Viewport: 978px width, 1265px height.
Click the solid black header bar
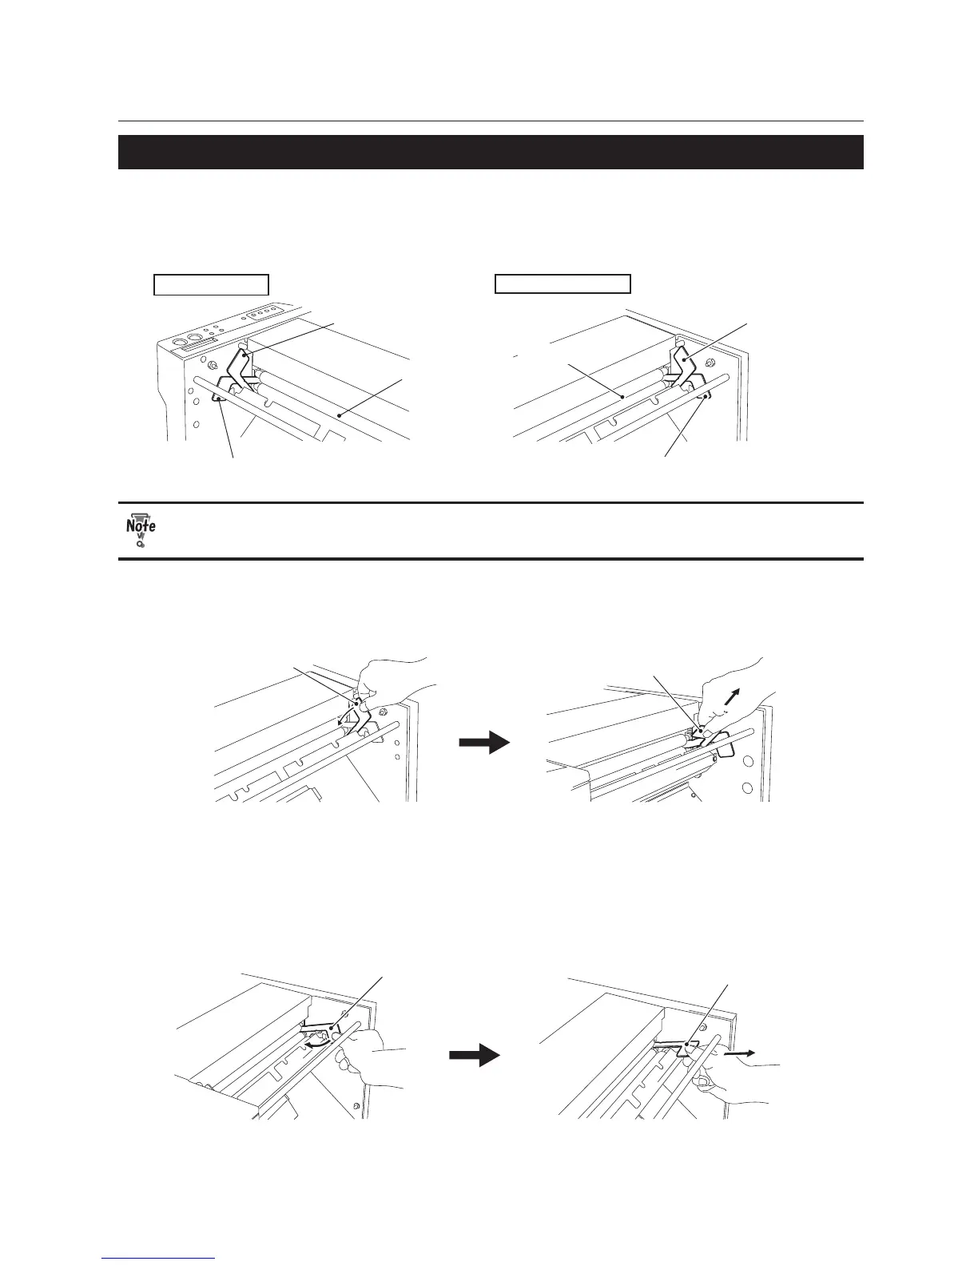pyautogui.click(x=491, y=152)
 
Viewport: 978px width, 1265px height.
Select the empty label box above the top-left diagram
pyautogui.click(x=210, y=284)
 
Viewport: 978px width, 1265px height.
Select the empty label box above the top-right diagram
pyautogui.click(x=563, y=284)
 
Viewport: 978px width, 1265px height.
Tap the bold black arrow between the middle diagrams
pyautogui.click(x=484, y=743)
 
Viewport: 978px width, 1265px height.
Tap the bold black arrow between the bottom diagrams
pyautogui.click(x=474, y=1055)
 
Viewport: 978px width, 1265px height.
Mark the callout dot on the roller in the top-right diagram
pyautogui.click(x=622, y=394)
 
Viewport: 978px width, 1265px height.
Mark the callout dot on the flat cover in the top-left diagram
pyautogui.click(x=340, y=414)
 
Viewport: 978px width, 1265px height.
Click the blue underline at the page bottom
pyautogui.click(x=159, y=1259)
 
